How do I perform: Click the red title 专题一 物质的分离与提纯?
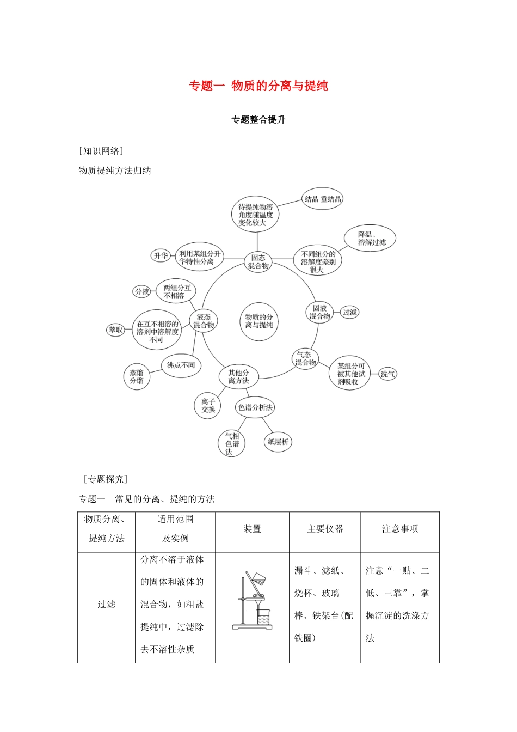pyautogui.click(x=258, y=86)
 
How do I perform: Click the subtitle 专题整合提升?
pyautogui.click(x=258, y=120)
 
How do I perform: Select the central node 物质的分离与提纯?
pyautogui.click(x=258, y=321)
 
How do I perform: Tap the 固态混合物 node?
pyautogui.click(x=258, y=261)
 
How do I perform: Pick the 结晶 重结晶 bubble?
pyautogui.click(x=323, y=199)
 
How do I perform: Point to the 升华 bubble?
pyautogui.click(x=161, y=255)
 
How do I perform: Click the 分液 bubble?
pyautogui.click(x=142, y=291)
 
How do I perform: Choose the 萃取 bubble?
pyautogui.click(x=116, y=330)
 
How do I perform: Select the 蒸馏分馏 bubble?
pyautogui.click(x=137, y=376)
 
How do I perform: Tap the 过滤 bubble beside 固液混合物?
pyautogui.click(x=349, y=312)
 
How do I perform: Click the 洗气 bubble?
pyautogui.click(x=387, y=374)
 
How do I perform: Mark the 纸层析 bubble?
pyautogui.click(x=278, y=442)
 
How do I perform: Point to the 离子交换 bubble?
pyautogui.click(x=208, y=406)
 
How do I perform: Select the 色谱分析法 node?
pyautogui.click(x=255, y=407)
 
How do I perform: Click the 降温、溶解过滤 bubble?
pyautogui.click(x=370, y=239)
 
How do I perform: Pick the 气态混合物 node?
pyautogui.click(x=305, y=358)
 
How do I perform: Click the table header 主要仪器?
pyautogui.click(x=325, y=529)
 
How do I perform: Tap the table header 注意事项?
pyautogui.click(x=400, y=529)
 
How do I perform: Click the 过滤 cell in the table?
pyautogui.click(x=106, y=605)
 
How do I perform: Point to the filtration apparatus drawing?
pyautogui.click(x=253, y=601)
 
